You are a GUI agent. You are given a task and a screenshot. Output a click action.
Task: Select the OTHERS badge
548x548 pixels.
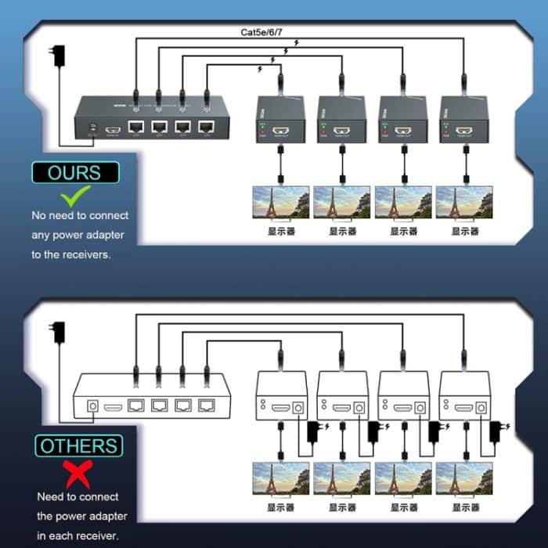tap(78, 446)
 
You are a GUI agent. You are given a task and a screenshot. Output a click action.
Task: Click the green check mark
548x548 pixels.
tap(75, 195)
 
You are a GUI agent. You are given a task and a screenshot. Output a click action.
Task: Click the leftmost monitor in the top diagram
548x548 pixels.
tap(280, 202)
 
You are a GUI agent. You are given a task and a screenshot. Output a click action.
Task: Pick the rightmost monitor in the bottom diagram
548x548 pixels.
tap(464, 478)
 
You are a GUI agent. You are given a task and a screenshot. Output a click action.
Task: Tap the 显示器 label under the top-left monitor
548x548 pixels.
tap(280, 232)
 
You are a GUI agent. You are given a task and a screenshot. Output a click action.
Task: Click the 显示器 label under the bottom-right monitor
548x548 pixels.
tap(464, 507)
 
